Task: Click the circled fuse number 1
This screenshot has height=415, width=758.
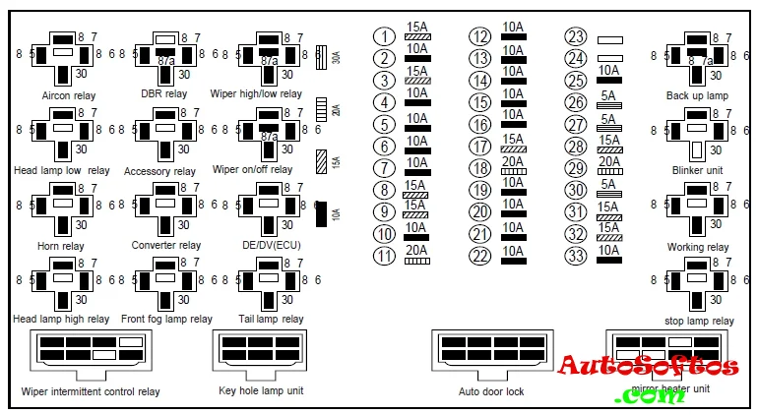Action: point(384,36)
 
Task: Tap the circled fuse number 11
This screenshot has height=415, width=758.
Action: point(384,257)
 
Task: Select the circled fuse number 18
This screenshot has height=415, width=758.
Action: point(479,168)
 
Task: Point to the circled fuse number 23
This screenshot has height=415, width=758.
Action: point(576,36)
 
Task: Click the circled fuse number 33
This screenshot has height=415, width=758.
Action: point(576,257)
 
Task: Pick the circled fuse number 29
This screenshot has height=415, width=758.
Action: point(576,168)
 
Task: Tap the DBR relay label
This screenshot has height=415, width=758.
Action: point(163,94)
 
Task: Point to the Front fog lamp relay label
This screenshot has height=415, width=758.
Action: point(166,319)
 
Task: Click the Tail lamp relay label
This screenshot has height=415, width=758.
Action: point(271,319)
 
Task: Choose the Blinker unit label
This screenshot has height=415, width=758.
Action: point(697,170)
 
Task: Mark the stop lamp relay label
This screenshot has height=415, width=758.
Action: point(698,321)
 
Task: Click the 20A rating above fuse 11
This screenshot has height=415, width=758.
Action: point(416,248)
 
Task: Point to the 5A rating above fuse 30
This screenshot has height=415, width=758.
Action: point(608,184)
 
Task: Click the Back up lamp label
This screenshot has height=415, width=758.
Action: point(697,95)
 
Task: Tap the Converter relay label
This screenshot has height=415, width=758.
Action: point(166,245)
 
